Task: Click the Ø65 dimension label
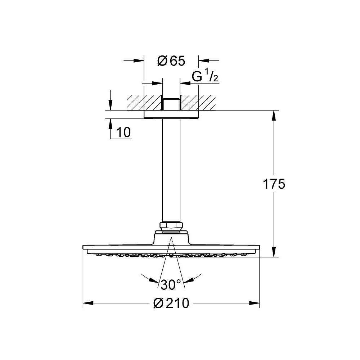[171, 61]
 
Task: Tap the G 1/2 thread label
[205, 76]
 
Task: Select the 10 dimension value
[124, 132]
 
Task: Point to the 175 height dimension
[274, 184]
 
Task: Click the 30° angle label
[171, 285]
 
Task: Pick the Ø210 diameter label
[171, 303]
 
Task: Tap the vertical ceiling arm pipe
[171, 170]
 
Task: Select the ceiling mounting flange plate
[171, 114]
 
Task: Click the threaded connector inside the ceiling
[171, 104]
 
